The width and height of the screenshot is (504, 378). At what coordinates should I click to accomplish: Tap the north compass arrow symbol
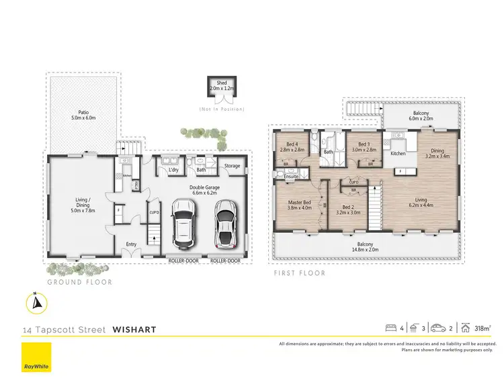click(x=37, y=303)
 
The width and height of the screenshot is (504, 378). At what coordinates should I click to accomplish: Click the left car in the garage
click(x=183, y=223)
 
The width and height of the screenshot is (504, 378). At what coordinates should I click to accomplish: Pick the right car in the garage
click(x=225, y=224)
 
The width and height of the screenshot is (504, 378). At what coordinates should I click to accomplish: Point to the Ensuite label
click(x=292, y=177)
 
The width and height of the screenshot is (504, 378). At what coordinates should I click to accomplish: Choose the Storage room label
click(x=232, y=166)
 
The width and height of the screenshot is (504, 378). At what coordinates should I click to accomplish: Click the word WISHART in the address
click(x=134, y=330)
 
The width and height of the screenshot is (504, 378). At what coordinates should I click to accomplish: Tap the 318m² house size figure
click(x=480, y=328)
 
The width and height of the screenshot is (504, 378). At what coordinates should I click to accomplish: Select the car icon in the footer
click(x=438, y=328)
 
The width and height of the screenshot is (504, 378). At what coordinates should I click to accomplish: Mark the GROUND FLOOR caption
click(x=79, y=282)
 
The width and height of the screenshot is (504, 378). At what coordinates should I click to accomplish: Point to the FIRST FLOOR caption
click(x=300, y=273)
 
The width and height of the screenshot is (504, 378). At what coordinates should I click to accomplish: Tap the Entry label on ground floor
click(x=132, y=244)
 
